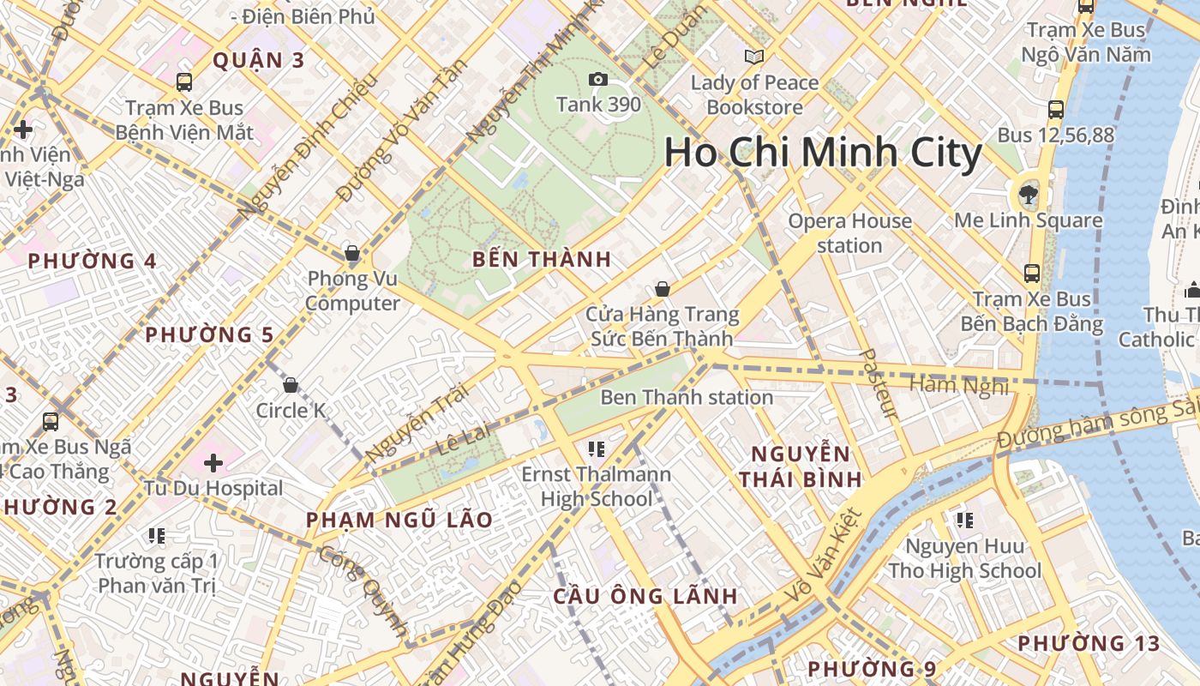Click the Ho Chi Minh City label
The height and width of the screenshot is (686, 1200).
[823, 153]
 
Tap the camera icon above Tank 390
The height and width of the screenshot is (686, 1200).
[598, 80]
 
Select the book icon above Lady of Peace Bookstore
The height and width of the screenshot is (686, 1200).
[754, 57]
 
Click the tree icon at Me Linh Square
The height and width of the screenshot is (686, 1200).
[1028, 195]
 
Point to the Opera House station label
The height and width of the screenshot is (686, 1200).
[849, 233]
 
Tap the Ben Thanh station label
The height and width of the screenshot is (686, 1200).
[687, 397]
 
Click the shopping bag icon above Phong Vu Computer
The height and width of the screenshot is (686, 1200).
[351, 253]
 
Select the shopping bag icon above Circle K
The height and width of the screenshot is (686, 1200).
[291, 385]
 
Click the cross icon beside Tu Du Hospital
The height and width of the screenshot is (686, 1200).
[213, 463]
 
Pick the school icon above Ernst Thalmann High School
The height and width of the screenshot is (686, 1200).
[597, 448]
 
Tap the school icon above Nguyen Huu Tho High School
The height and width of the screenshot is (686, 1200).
[965, 520]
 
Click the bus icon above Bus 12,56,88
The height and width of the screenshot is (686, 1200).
[1056, 110]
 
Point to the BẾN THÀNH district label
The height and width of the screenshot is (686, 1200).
[542, 259]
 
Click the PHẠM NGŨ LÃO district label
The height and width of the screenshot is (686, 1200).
[399, 520]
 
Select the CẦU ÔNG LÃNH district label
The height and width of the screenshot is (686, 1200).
[645, 596]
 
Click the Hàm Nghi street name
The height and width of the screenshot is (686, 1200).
[959, 385]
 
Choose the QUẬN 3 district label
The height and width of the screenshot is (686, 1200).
[258, 60]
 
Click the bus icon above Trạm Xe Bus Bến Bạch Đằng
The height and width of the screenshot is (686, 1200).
[1032, 274]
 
